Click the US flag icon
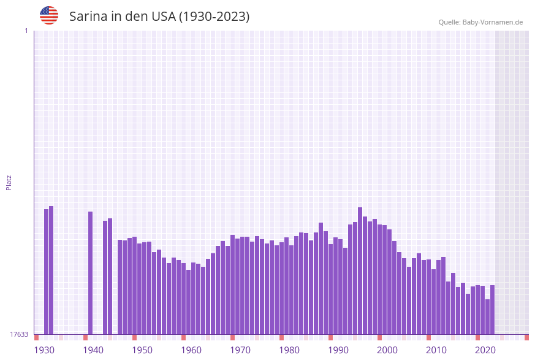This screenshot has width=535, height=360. click(x=49, y=15)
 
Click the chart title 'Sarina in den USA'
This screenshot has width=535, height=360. click(x=159, y=17)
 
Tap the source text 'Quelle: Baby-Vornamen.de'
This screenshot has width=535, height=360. click(x=480, y=22)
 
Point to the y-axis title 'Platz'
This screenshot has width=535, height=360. click(x=9, y=182)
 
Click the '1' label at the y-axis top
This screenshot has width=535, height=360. click(x=26, y=31)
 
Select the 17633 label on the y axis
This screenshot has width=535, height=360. click(x=18, y=334)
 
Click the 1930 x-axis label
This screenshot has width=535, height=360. click(x=44, y=350)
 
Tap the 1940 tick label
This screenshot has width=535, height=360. click(x=93, y=350)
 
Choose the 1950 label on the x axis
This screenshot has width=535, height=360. click(x=142, y=350)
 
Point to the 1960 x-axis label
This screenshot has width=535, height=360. click(x=191, y=350)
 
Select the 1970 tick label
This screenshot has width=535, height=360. click(x=240, y=350)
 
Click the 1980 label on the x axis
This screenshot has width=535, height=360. click(x=289, y=350)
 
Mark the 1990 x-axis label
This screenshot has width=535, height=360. click(x=338, y=350)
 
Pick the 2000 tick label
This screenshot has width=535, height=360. click(x=387, y=350)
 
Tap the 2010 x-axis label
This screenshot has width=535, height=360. click(x=436, y=350)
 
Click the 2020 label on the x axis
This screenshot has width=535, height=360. click(x=485, y=350)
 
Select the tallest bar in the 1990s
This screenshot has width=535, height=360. click(x=360, y=270)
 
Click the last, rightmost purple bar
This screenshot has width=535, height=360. click(x=492, y=310)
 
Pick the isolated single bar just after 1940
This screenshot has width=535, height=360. click(x=91, y=273)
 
